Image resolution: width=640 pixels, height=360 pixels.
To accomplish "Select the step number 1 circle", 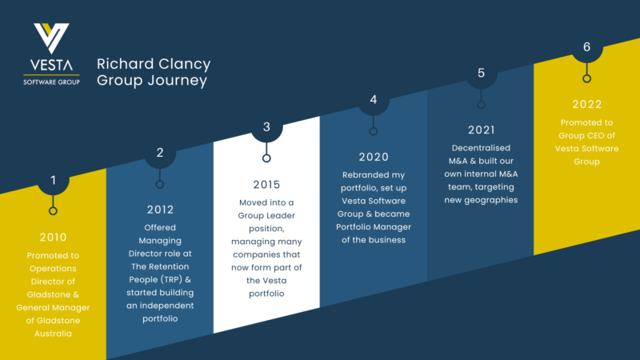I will pyautogui.click(x=53, y=180).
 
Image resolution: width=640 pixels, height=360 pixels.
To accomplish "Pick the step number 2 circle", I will pyautogui.click(x=160, y=153).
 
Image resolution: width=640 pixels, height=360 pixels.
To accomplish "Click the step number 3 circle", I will pyautogui.click(x=266, y=126).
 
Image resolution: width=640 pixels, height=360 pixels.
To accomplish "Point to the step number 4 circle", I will pyautogui.click(x=374, y=100).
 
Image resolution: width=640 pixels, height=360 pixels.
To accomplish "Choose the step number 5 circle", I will pyautogui.click(x=481, y=73).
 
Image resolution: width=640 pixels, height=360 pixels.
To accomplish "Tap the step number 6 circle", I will pyautogui.click(x=586, y=47).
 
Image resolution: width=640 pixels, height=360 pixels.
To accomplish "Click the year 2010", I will pyautogui.click(x=53, y=237).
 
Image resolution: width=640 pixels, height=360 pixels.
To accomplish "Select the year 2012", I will pyautogui.click(x=160, y=210).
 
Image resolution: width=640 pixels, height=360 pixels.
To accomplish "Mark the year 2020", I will pyautogui.click(x=374, y=157).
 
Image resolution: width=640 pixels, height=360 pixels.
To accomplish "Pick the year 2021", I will pyautogui.click(x=481, y=130).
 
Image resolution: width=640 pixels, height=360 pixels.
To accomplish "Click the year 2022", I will pyautogui.click(x=586, y=104).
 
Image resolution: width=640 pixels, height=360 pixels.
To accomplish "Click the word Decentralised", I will pyautogui.click(x=481, y=149).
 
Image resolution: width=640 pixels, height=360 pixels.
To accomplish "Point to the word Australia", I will pyautogui.click(x=53, y=334).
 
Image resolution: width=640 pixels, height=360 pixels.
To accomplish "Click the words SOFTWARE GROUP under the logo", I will pyautogui.click(x=51, y=80).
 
